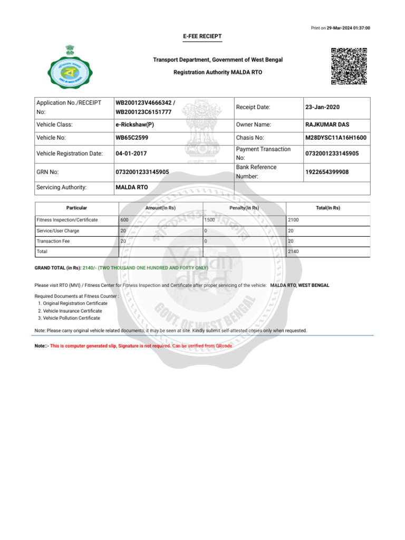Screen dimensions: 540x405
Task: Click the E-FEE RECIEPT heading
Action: click(x=202, y=36)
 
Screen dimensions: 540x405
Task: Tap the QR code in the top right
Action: click(x=349, y=66)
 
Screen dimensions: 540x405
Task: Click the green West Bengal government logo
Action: click(x=65, y=67)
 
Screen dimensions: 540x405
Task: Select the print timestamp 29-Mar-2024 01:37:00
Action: click(x=348, y=27)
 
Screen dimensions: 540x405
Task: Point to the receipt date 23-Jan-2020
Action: click(x=322, y=107)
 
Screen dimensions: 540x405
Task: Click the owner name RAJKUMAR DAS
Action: click(x=327, y=124)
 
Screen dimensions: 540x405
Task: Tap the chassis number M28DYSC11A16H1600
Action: click(x=335, y=138)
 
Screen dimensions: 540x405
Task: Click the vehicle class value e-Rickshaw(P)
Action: click(x=134, y=124)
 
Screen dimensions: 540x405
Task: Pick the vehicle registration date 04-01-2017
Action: click(x=131, y=154)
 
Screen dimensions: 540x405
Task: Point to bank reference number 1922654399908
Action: click(x=327, y=172)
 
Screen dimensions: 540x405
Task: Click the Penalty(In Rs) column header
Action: click(x=244, y=208)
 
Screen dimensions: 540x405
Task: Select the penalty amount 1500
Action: click(x=209, y=219)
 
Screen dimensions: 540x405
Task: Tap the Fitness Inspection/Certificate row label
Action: click(x=67, y=219)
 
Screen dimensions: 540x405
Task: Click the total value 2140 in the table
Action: click(x=293, y=252)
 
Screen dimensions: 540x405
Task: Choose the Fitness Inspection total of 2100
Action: click(x=293, y=219)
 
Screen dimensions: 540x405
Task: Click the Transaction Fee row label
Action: click(x=53, y=241)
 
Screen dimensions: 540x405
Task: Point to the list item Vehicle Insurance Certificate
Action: click(x=72, y=311)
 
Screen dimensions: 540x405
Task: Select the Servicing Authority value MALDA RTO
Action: click(x=131, y=187)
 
